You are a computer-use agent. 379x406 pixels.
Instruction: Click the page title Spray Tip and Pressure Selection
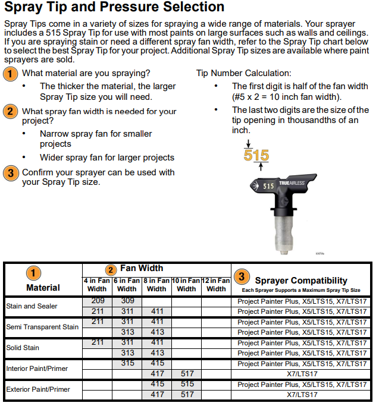pyautogui.click(x=114, y=8)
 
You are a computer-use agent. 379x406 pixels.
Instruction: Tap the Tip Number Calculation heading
pyautogui.click(x=244, y=73)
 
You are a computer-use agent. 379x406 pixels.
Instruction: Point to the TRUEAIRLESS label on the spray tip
pyautogui.click(x=292, y=185)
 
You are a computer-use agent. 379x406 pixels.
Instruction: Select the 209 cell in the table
pyautogui.click(x=97, y=301)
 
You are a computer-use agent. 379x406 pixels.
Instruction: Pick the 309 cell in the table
pyautogui.click(x=127, y=301)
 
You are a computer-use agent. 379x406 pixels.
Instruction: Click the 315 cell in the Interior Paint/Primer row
pyautogui.click(x=127, y=363)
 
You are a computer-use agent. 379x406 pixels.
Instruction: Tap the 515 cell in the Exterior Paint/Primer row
pyautogui.click(x=186, y=384)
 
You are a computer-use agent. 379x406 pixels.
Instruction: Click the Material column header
pyautogui.click(x=43, y=288)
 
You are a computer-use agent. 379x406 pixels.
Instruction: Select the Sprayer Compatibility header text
pyautogui.click(x=300, y=280)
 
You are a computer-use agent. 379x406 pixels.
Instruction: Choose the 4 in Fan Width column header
pyautogui.click(x=97, y=285)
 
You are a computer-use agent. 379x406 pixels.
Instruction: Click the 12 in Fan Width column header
pyautogui.click(x=216, y=285)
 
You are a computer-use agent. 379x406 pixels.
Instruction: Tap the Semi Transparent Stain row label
pyautogui.click(x=42, y=327)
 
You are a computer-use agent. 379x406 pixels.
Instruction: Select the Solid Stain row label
pyautogui.click(x=22, y=348)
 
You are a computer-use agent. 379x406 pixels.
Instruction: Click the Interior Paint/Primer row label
pyautogui.click(x=38, y=369)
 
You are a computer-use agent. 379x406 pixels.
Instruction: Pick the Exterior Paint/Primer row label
pyautogui.click(x=38, y=389)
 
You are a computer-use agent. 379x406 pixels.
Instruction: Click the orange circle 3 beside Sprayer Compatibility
pyautogui.click(x=241, y=276)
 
